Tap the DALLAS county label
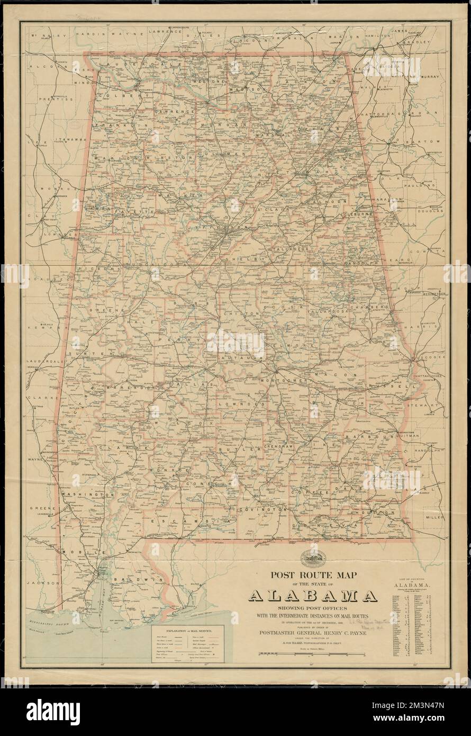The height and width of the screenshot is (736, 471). click(193, 381)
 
